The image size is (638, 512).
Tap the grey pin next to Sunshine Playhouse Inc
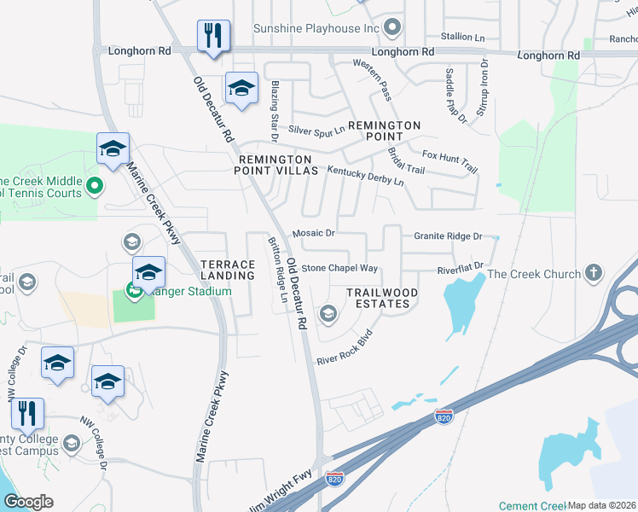coord(392,28)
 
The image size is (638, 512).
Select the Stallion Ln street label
coord(461,37)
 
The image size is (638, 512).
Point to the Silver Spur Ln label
coord(316,130)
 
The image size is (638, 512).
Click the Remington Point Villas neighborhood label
coord(275,165)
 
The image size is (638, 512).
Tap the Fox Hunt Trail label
coord(450,161)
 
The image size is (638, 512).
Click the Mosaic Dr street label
coord(313,233)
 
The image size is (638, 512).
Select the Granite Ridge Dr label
coord(448,236)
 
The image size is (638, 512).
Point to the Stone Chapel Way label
coord(339,268)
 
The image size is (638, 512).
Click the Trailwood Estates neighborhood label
coord(382,298)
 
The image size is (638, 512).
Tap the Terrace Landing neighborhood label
coord(228,270)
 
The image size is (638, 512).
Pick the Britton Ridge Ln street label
coord(278,270)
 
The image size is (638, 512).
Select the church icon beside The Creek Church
coord(594,274)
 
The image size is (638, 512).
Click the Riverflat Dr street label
coord(461,269)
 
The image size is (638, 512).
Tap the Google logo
coord(29,501)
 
